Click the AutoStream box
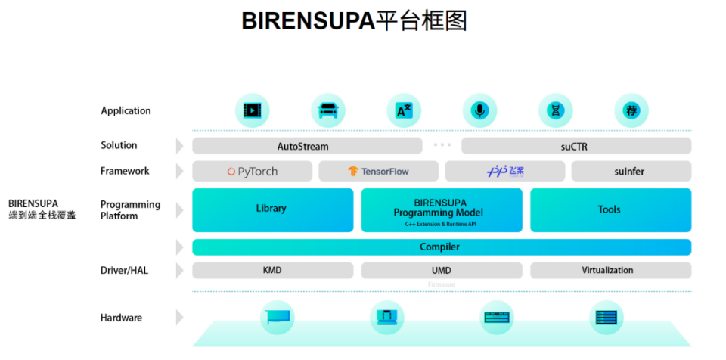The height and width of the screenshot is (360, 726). point(307,146)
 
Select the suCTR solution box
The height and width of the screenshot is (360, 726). point(576,146)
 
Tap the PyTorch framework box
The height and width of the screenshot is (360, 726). point(253,172)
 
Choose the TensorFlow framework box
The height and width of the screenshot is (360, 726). point(378,172)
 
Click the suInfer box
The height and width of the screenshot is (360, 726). point(631,172)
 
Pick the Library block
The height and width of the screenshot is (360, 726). point(272,209)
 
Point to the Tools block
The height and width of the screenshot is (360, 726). point(610,209)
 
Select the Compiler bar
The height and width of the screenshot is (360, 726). point(441,247)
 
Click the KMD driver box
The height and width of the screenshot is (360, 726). point(272,270)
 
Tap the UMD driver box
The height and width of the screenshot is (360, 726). point(441,270)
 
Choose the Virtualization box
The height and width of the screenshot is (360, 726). point(610,270)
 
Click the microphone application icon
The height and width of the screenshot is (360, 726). point(479,111)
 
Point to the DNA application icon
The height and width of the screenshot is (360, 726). point(556,111)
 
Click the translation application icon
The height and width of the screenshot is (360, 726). point(404,111)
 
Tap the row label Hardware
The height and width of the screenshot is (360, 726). point(121,318)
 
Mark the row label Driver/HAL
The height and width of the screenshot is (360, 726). point(125,270)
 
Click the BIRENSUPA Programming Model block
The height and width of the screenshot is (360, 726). point(441,209)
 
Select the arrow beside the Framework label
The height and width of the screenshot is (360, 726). point(180,172)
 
